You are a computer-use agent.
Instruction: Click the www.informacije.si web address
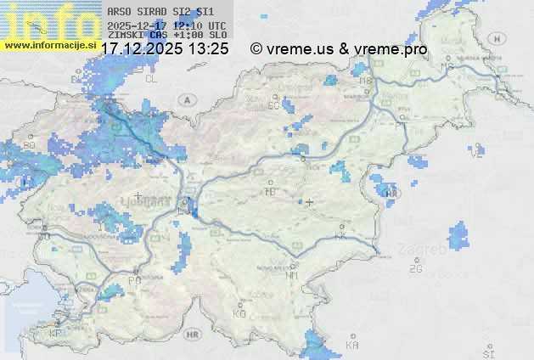(48, 44)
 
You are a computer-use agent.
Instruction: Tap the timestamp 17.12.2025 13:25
(165, 49)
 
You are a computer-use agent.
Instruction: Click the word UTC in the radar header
(216, 25)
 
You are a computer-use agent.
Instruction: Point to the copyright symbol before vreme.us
(256, 49)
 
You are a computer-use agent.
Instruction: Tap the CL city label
(152, 78)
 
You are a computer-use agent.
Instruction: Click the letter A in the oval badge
(185, 99)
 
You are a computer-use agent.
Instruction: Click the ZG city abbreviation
(415, 269)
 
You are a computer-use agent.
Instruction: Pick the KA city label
(352, 346)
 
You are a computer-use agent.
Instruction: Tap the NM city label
(292, 275)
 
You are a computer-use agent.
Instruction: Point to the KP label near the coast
(56, 334)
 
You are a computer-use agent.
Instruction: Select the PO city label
(134, 279)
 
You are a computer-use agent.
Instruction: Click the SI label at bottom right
(487, 352)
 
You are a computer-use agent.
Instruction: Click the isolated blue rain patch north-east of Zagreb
(458, 237)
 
